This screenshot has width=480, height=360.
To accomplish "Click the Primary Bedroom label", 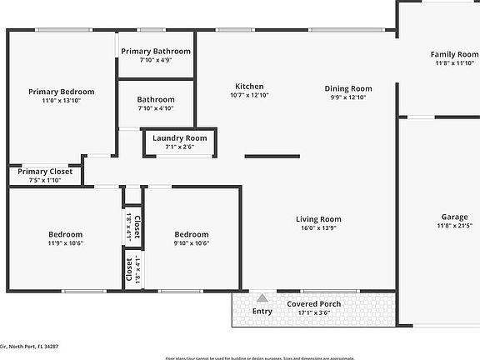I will tap(61, 92).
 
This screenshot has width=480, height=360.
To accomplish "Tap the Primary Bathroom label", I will tap(156, 51).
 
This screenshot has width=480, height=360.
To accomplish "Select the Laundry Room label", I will tap(179, 137).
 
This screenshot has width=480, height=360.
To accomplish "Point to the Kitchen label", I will tap(249, 87).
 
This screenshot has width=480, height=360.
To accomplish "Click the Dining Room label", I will tap(348, 88).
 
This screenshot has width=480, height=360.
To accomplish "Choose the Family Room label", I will tap(454, 55).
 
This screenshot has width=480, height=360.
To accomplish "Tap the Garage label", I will tap(454, 217).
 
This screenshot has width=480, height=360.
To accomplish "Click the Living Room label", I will tap(319, 219).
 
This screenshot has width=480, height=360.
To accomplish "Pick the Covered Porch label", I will tap(314, 304).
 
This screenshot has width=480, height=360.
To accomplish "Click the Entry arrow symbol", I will tap(262, 298).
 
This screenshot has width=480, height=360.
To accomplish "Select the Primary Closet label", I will tap(45, 172).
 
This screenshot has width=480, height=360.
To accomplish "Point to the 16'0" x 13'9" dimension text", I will tap(319, 229).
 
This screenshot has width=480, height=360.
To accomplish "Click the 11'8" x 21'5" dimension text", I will tap(454, 226).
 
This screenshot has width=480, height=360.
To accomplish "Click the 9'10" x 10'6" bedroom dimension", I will tap(191, 243).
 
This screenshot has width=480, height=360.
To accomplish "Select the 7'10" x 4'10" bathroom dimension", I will tap(156, 108).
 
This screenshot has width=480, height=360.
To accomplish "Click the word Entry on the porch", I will tap(262, 312).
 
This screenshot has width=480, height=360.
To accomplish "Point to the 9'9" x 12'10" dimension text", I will tap(348, 97).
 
